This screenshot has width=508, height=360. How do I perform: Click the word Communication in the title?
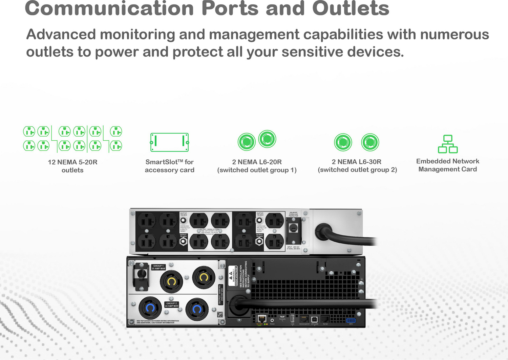(109, 8)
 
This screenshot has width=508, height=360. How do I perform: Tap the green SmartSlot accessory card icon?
(169, 142)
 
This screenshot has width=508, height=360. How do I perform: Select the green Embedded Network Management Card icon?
(448, 144)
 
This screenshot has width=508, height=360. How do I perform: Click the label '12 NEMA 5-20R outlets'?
(72, 166)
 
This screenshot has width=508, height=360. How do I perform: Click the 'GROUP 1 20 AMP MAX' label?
(158, 267)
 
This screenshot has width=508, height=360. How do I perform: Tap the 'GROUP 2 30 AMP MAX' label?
(171, 305)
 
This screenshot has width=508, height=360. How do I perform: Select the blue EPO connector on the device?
(351, 320)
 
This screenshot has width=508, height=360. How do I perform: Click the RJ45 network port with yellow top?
(261, 319)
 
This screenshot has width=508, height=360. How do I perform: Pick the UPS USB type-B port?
(314, 319)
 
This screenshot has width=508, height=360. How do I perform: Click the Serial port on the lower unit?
(325, 319)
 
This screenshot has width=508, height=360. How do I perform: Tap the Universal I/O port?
(304, 319)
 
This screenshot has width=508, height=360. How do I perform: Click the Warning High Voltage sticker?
(233, 276)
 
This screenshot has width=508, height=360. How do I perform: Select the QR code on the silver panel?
(220, 315)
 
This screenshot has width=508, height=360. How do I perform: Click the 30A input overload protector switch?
(293, 228)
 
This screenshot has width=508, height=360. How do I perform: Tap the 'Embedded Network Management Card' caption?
(447, 165)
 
